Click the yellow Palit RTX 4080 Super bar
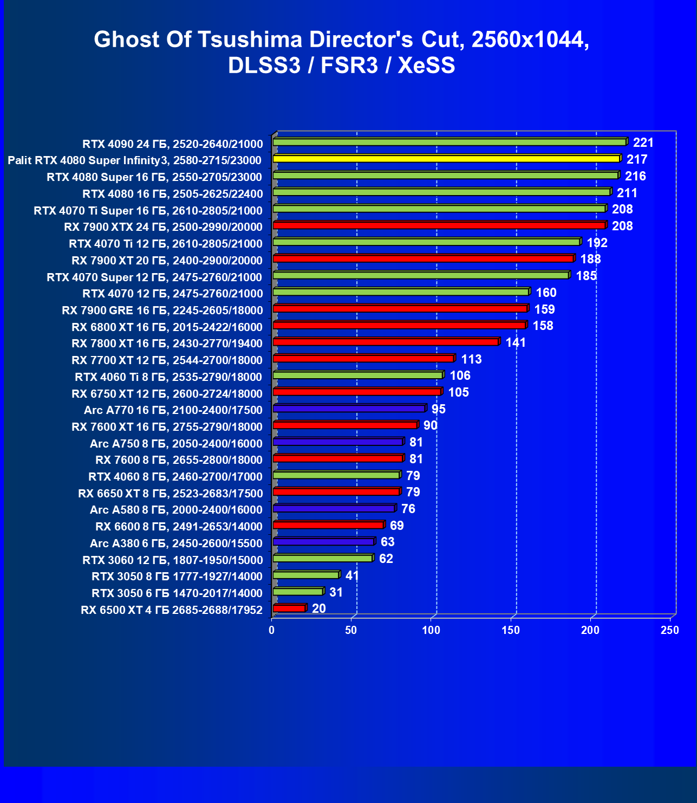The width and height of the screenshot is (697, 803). tap(446, 159)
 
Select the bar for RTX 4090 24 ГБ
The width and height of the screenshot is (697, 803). tap(450, 142)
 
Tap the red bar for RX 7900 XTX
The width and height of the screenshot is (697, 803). tap(439, 225)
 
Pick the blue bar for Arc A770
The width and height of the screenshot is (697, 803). tap(349, 409)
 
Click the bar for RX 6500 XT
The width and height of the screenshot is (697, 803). tap(289, 608)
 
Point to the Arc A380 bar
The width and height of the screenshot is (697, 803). tap(323, 542)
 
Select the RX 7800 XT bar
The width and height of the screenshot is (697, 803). tap(386, 342)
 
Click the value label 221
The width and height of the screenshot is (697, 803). tap(643, 143)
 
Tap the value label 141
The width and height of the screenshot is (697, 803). tap(516, 342)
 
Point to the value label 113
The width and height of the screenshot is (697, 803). tap(471, 359)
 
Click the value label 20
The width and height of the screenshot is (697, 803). tap(319, 608)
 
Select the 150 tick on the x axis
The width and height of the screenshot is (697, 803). tap(511, 630)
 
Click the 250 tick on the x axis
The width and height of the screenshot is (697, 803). tap(670, 630)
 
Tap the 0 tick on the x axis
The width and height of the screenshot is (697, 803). tap(272, 630)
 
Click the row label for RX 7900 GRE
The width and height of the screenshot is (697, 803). tap(162, 310)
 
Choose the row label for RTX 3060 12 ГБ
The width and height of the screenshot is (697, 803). tap(173, 560)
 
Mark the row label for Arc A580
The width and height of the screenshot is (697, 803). tap(176, 510)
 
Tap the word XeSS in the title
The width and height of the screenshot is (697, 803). tap(426, 66)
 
